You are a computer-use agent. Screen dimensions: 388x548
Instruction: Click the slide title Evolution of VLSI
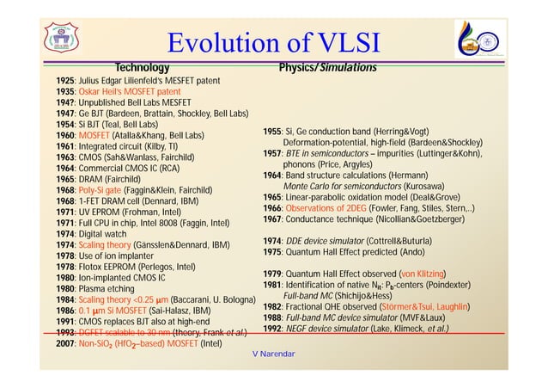(x=274, y=42)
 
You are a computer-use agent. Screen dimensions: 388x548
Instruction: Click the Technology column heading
(x=143, y=67)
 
